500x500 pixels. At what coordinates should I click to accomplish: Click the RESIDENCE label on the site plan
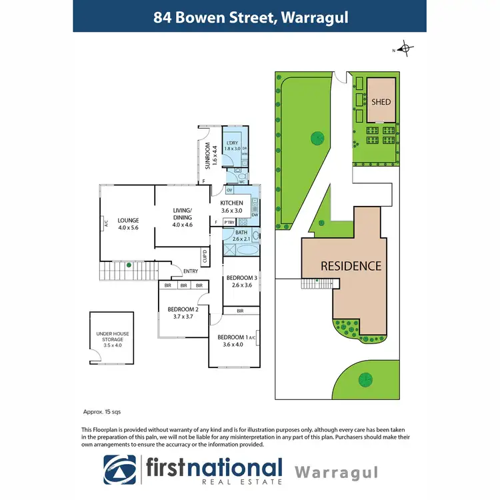351,266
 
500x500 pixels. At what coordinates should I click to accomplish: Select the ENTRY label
191,270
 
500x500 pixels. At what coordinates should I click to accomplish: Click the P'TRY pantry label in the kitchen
229,222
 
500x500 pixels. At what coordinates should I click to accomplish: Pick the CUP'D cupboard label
205,256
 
